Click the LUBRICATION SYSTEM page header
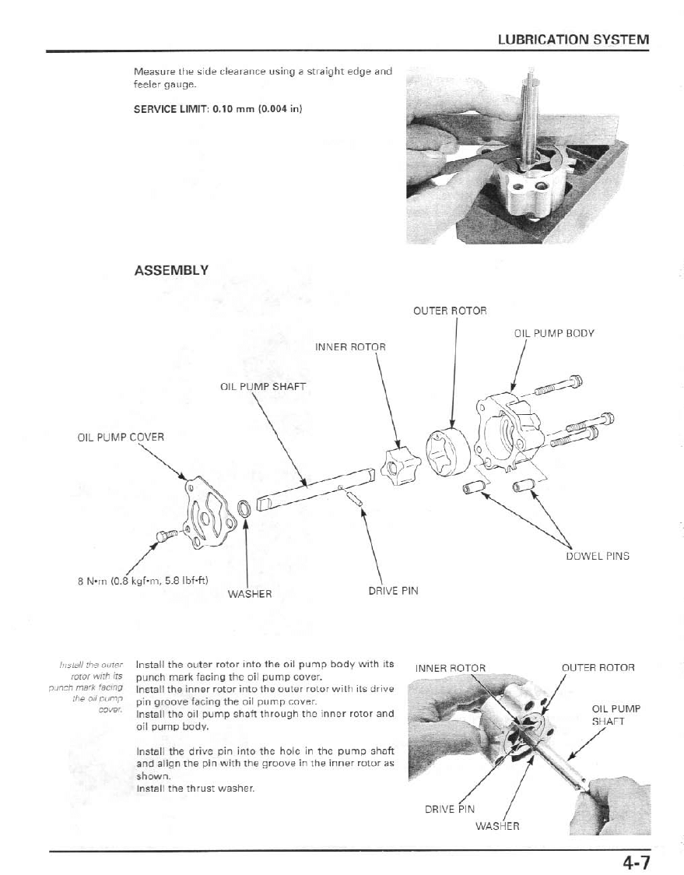[573, 39]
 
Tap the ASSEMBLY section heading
[171, 270]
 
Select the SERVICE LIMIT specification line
[218, 109]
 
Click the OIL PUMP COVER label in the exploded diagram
[121, 437]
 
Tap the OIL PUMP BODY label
[554, 333]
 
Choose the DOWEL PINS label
[597, 556]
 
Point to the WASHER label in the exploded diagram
[250, 593]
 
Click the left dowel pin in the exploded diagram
[473, 487]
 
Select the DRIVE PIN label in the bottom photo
[449, 809]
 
